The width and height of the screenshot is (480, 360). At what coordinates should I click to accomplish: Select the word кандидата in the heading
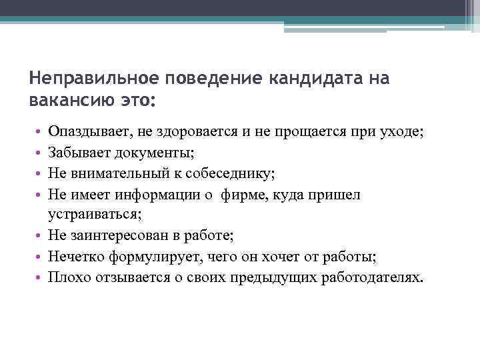point(311,79)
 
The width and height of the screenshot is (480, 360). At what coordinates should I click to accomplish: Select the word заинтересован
point(119,235)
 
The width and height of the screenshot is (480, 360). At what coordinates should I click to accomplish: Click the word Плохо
point(65,277)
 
